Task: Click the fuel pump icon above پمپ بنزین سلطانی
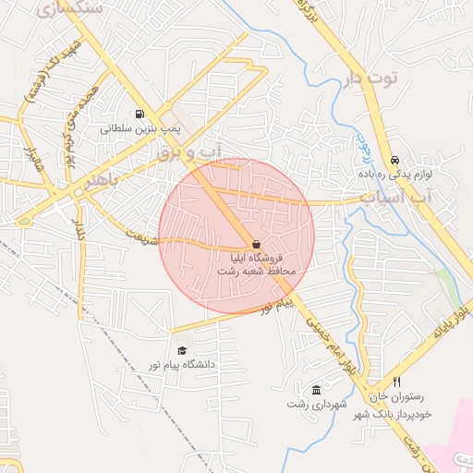[x=139, y=115]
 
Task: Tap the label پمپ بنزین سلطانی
[x=137, y=129]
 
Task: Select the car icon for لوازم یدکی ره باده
[x=394, y=159]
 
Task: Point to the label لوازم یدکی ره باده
[x=394, y=174]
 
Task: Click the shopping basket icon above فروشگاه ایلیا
[x=256, y=244]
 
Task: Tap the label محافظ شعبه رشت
[x=255, y=272]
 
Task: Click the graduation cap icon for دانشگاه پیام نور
[x=182, y=350]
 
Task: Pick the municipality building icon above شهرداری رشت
[x=317, y=389]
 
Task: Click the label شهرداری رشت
[x=317, y=404]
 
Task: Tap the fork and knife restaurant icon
[x=396, y=382]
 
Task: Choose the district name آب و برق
[x=189, y=152]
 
